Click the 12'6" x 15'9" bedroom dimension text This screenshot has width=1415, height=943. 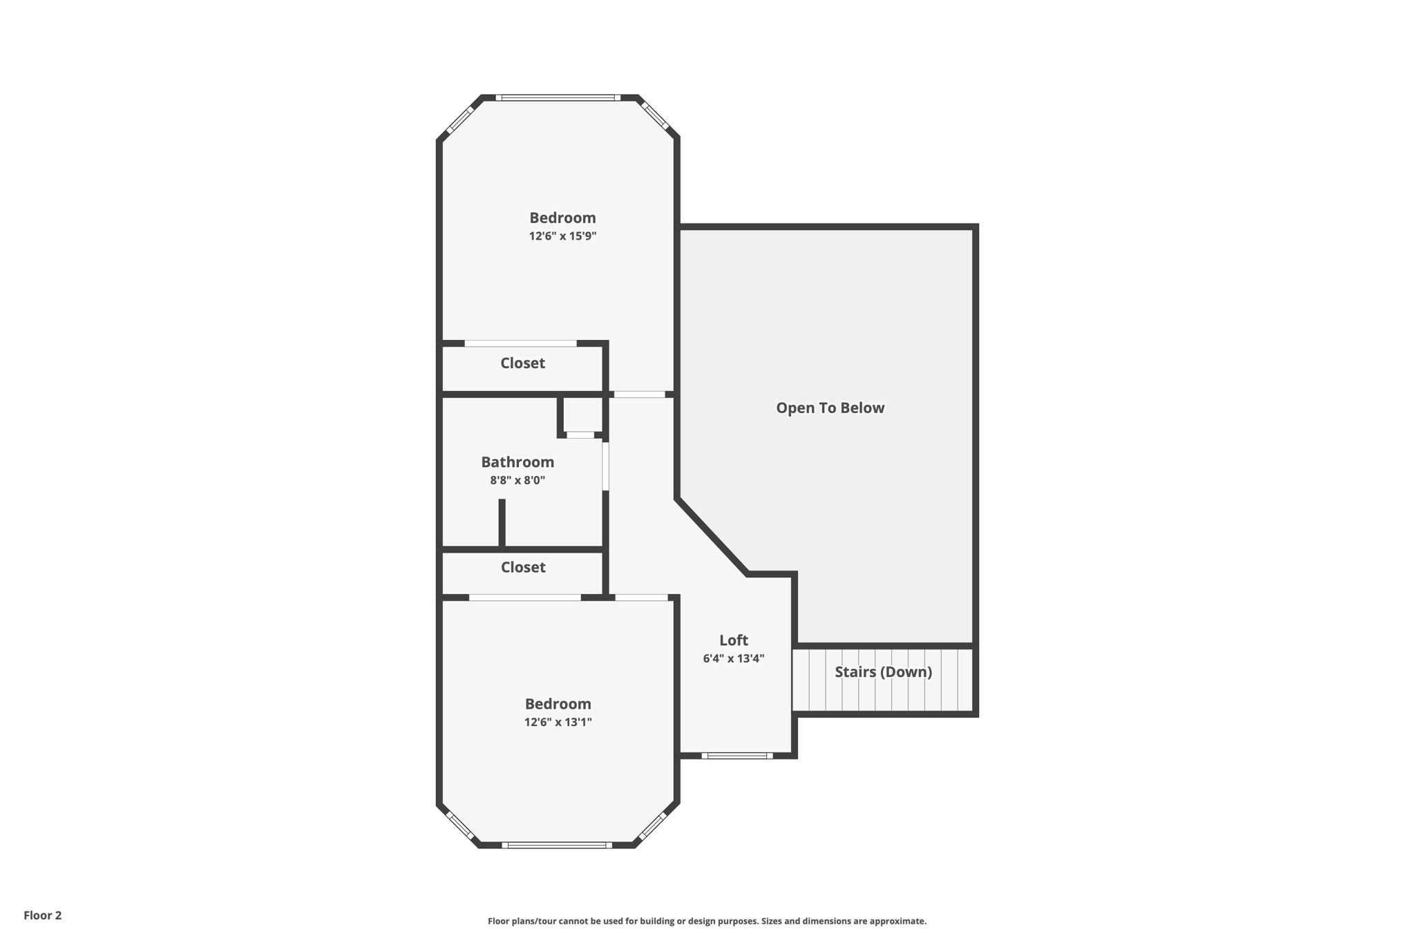pos(562,236)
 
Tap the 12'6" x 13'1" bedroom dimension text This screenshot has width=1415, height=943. pos(558,723)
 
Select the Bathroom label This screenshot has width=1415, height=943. pos(517,462)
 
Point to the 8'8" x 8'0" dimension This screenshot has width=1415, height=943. pos(517,480)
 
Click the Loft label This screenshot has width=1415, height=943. pos(733,640)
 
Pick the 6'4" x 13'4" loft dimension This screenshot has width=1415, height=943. pos(733,658)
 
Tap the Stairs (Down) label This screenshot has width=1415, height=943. pos(883,672)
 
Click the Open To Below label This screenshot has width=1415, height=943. pos(830,408)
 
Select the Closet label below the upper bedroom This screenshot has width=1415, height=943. pos(522,363)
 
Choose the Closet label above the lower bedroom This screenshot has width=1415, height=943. pos(523,567)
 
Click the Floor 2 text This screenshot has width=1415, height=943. pos(43,915)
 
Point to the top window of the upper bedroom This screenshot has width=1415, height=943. pos(558,97)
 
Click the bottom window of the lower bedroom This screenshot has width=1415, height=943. pos(557,845)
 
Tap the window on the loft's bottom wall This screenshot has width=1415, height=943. pos(737,755)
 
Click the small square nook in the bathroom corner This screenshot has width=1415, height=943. pos(582,415)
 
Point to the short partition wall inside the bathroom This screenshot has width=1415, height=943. pos(502,523)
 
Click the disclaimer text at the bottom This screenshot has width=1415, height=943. pos(707,921)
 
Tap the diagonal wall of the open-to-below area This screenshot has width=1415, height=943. pos(712,535)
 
